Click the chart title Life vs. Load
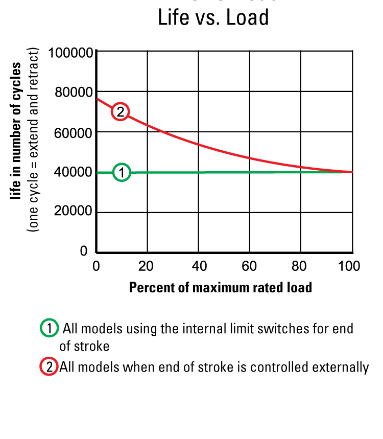point(213,18)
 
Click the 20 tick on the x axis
point(147,266)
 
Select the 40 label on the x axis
point(198,266)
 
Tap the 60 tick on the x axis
point(249,266)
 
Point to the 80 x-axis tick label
point(300,266)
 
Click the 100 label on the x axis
point(349,266)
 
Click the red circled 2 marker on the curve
point(120,111)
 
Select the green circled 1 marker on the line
point(122,173)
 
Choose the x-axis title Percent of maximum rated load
point(220,287)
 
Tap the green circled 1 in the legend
point(49,329)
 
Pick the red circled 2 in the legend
point(49,367)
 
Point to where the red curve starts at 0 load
point(97,99)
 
